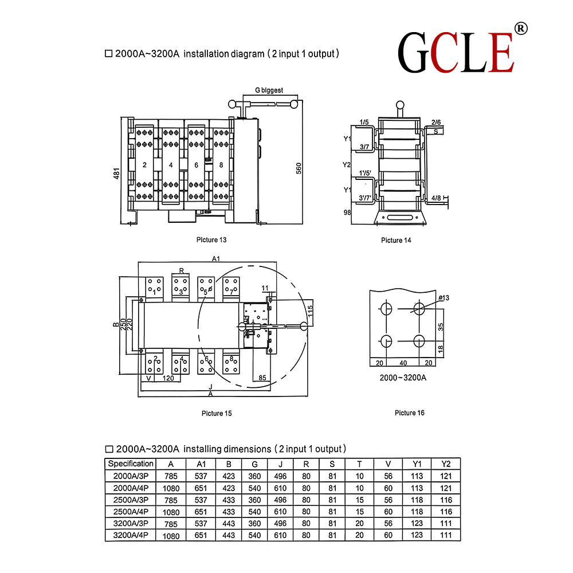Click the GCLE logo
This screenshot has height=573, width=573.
pos(456,52)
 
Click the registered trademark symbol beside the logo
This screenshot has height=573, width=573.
pos(521,29)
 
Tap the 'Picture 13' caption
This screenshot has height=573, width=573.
pos(211,240)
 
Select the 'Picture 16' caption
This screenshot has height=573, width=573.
pos(409,413)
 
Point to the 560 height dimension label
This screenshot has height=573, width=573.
pos(299,168)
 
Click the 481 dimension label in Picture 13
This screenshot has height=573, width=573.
pos(116,173)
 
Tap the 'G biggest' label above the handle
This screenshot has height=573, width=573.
pos(269,90)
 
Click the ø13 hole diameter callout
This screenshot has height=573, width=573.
pos(444,298)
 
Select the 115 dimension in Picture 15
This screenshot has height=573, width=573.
pos(310,311)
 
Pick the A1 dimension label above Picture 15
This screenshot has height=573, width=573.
pos(216,258)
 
